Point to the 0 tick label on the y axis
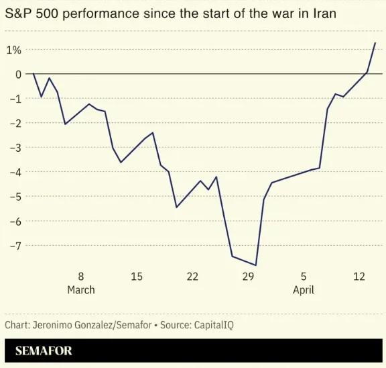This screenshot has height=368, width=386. pyautogui.click(x=19, y=74)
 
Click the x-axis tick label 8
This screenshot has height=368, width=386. pyautogui.click(x=81, y=277)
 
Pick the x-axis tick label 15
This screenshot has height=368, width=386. pyautogui.click(x=137, y=277)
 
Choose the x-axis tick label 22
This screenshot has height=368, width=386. pyautogui.click(x=192, y=277)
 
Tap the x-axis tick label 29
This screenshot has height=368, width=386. pyautogui.click(x=248, y=277)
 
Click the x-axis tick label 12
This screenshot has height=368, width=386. pyautogui.click(x=359, y=277)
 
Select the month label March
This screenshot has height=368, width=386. pyautogui.click(x=81, y=290)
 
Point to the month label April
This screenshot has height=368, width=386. pyautogui.click(x=304, y=290)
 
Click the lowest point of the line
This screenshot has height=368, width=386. pyautogui.click(x=255, y=265)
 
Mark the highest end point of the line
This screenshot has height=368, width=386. pyautogui.click(x=375, y=42)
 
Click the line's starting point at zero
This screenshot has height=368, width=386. pyautogui.click(x=34, y=74)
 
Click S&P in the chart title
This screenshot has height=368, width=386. pyautogui.click(x=19, y=13)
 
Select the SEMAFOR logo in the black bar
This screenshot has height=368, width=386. pyautogui.click(x=44, y=351)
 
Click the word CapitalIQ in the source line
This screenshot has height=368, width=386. pyautogui.click(x=214, y=324)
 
